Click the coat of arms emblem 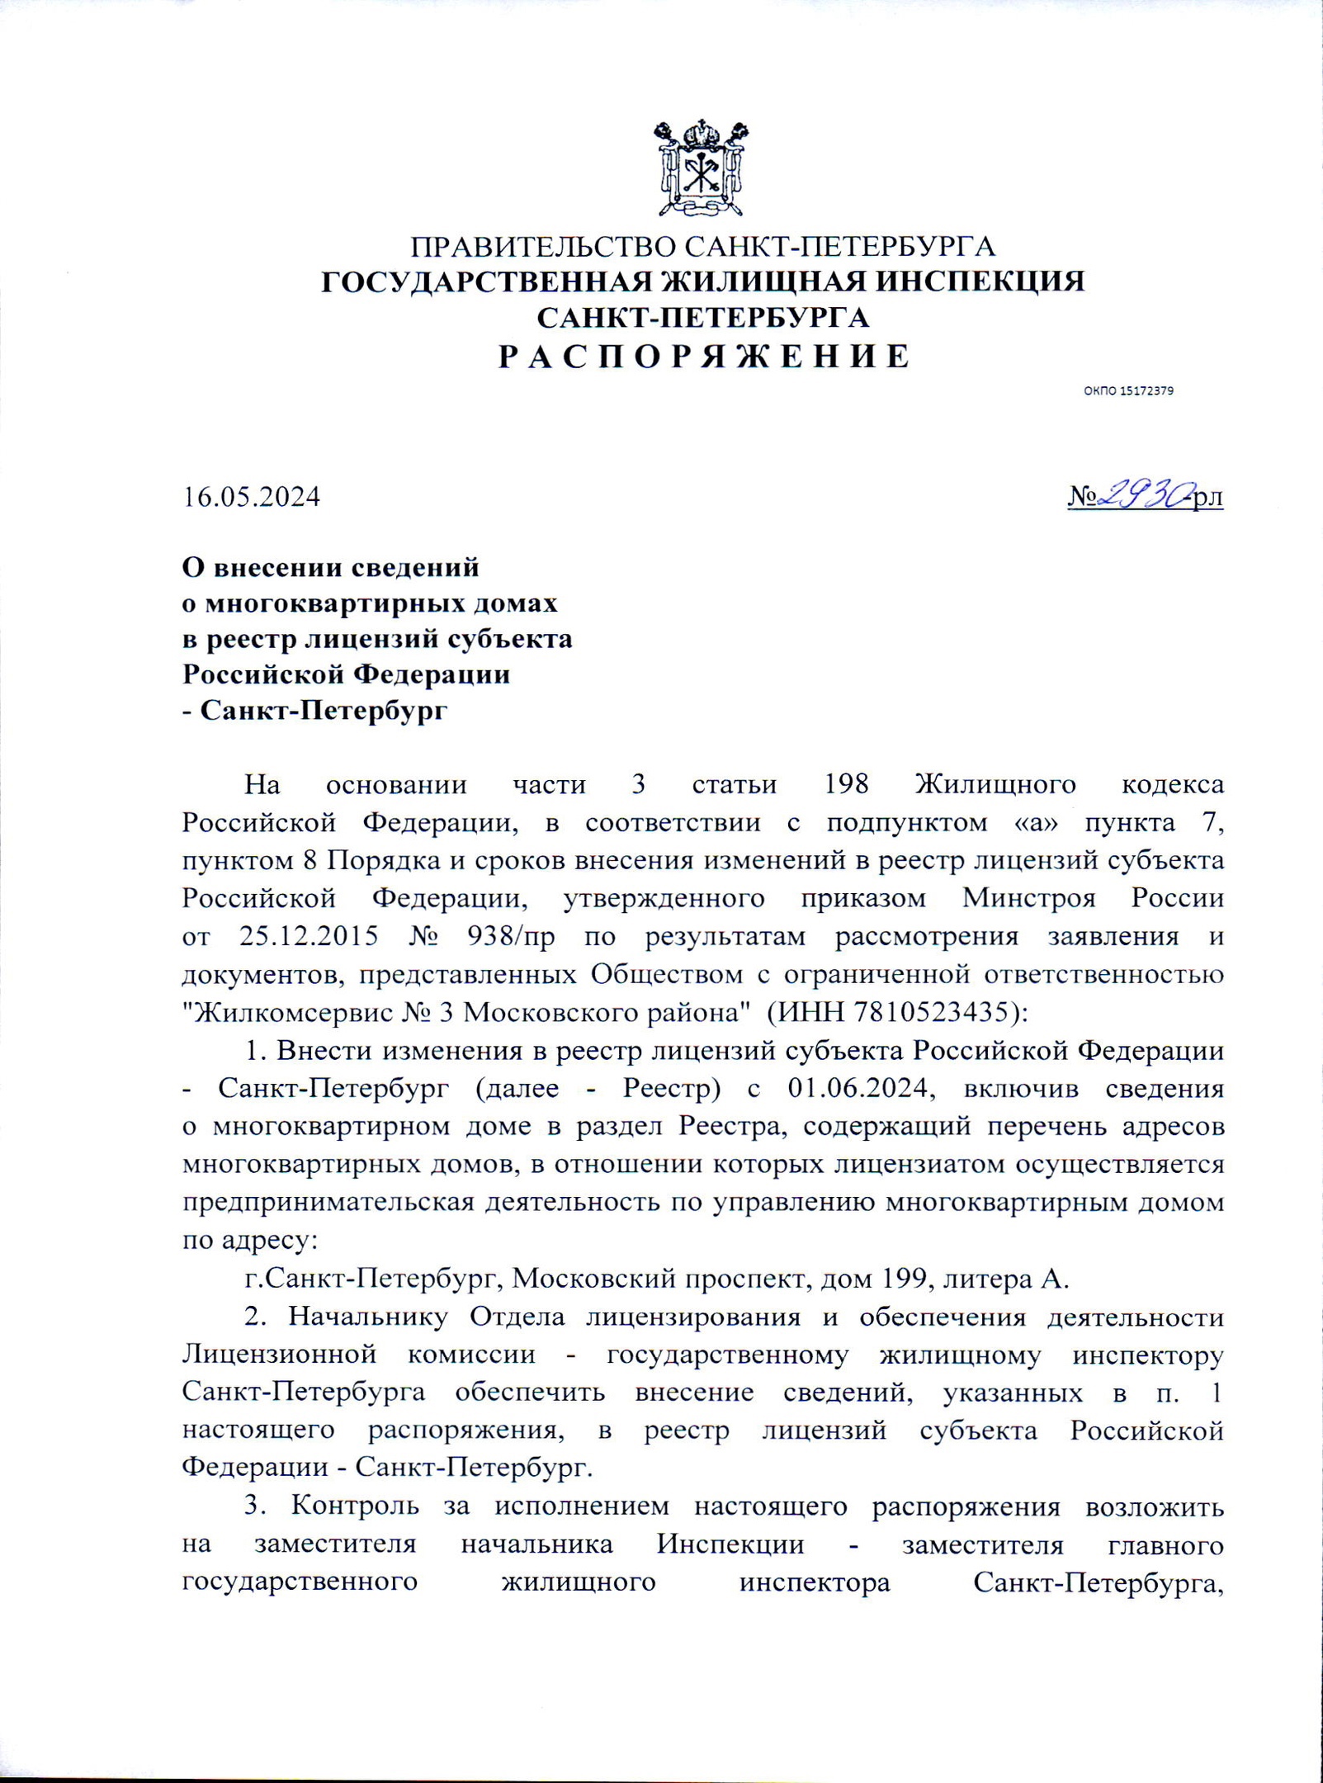(x=702, y=168)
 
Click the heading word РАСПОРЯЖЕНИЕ (x=704, y=357)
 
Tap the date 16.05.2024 (x=251, y=497)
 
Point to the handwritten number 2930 (x=1145, y=494)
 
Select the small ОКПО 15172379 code (x=1127, y=390)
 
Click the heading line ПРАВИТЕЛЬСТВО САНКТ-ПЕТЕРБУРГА (x=703, y=247)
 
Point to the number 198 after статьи (x=847, y=783)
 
